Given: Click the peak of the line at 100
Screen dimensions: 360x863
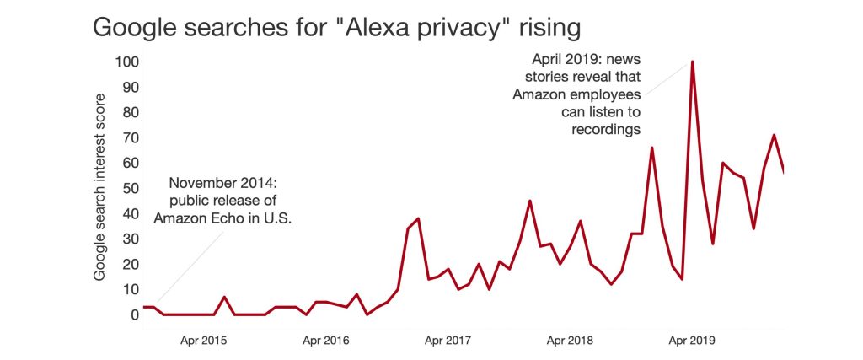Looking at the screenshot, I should (x=692, y=62).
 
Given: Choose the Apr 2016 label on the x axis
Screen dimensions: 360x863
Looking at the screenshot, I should (x=325, y=341).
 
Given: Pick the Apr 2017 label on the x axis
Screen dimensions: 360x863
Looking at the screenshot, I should (x=447, y=341).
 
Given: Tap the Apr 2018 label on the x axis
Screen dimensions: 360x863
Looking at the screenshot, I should (x=570, y=341).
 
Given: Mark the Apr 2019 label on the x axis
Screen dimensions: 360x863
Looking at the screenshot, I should (x=691, y=341).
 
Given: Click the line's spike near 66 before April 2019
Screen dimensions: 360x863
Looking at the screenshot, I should (x=651, y=148).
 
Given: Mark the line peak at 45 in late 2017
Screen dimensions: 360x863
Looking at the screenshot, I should (x=529, y=201).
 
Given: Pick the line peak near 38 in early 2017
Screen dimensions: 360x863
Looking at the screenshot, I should (x=418, y=218).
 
